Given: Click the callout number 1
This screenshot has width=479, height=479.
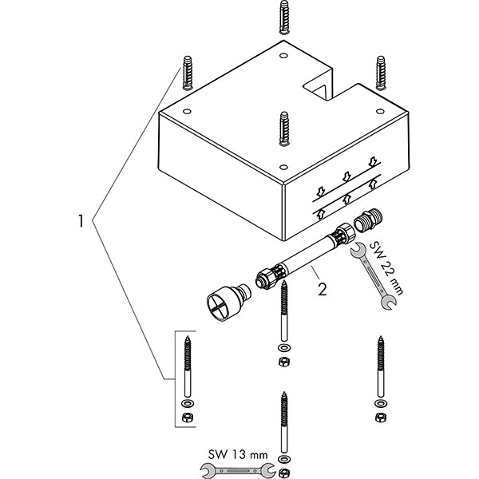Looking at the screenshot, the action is tap(81, 221).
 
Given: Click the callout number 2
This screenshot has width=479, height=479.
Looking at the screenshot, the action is tap(323, 289).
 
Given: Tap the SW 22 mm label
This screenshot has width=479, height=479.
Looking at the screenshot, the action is tap(386, 268).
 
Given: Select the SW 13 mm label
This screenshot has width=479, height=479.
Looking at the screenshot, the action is tap(238, 454).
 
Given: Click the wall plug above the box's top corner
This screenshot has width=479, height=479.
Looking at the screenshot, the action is tap(284, 17).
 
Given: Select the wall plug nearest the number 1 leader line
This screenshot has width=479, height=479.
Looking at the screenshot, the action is tap(188, 73).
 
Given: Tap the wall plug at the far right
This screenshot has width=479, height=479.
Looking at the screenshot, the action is tap(381, 73).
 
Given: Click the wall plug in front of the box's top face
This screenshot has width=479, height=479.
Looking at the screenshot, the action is tap(284, 129).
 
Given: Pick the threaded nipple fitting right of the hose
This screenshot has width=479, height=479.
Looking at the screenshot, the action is tap(368, 222).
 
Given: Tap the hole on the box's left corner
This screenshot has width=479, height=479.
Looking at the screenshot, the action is tap(188, 111).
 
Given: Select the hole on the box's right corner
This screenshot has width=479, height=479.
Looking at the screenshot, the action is tap(380, 111).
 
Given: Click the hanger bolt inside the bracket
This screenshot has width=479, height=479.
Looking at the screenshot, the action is tap(188, 366).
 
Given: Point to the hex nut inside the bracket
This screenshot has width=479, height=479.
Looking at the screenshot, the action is tap(187, 417).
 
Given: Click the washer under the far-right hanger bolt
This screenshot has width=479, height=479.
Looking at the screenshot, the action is tap(380, 403).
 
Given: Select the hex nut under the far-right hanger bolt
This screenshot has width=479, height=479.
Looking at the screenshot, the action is tap(380, 417).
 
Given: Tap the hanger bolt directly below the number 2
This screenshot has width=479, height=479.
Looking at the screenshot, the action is tap(284, 311).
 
